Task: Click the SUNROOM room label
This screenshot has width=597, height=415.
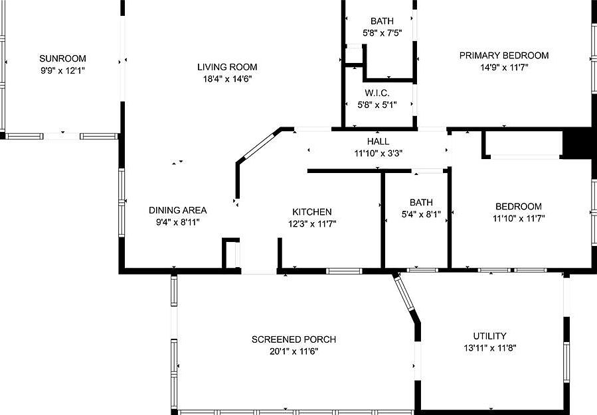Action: [x=62, y=58]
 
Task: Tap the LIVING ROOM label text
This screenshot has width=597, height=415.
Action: [x=227, y=67]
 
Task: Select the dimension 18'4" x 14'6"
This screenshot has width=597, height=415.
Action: [x=227, y=78]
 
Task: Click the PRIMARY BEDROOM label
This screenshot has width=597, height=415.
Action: [x=504, y=56]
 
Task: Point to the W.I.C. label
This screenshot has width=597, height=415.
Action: [x=377, y=93]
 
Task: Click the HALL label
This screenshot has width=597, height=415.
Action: [x=378, y=141]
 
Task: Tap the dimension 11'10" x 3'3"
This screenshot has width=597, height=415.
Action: [x=378, y=152]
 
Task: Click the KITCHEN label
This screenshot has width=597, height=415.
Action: [x=311, y=212]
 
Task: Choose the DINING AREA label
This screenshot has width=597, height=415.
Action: [x=177, y=210]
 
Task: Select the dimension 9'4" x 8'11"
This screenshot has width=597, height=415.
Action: [x=177, y=222]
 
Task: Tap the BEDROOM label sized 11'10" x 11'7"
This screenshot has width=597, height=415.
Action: [x=517, y=206]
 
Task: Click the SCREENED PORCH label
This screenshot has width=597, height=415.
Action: [x=294, y=339]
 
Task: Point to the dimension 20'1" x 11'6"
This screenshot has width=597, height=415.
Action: [x=294, y=351]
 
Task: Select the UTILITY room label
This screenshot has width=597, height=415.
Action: [x=489, y=336]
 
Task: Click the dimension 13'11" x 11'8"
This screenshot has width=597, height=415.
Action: [x=489, y=347]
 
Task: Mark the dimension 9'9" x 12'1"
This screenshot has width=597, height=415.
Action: [x=62, y=70]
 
